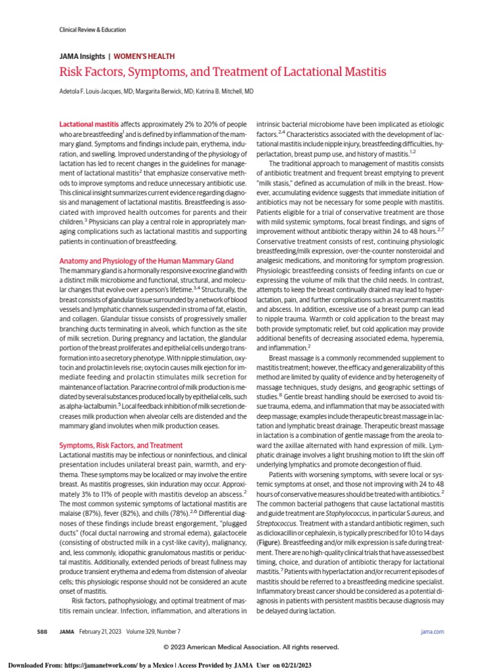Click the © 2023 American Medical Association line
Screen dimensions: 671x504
(x=252, y=647)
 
